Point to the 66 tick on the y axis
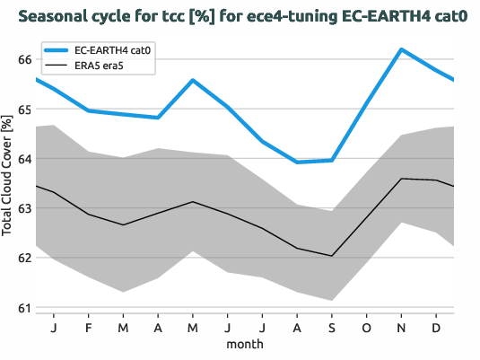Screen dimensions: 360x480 click(x=25, y=59)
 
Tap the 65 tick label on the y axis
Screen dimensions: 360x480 click(x=25, y=109)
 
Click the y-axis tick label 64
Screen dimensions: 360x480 click(x=25, y=159)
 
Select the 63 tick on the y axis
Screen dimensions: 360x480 click(x=25, y=208)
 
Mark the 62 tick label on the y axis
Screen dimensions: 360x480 click(x=25, y=258)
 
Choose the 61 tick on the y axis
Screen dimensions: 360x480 click(x=25, y=308)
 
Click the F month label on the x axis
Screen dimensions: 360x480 click(x=89, y=327)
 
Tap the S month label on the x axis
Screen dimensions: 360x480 click(x=332, y=327)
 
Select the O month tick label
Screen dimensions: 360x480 click(x=366, y=327)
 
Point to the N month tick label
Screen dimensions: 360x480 click(x=401, y=327)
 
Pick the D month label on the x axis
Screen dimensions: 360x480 click(x=436, y=327)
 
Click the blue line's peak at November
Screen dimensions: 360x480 click(x=401, y=48)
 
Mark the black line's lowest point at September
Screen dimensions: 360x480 click(x=332, y=256)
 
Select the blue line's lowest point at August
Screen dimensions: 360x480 click(x=297, y=162)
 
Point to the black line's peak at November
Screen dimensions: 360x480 click(x=401, y=179)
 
